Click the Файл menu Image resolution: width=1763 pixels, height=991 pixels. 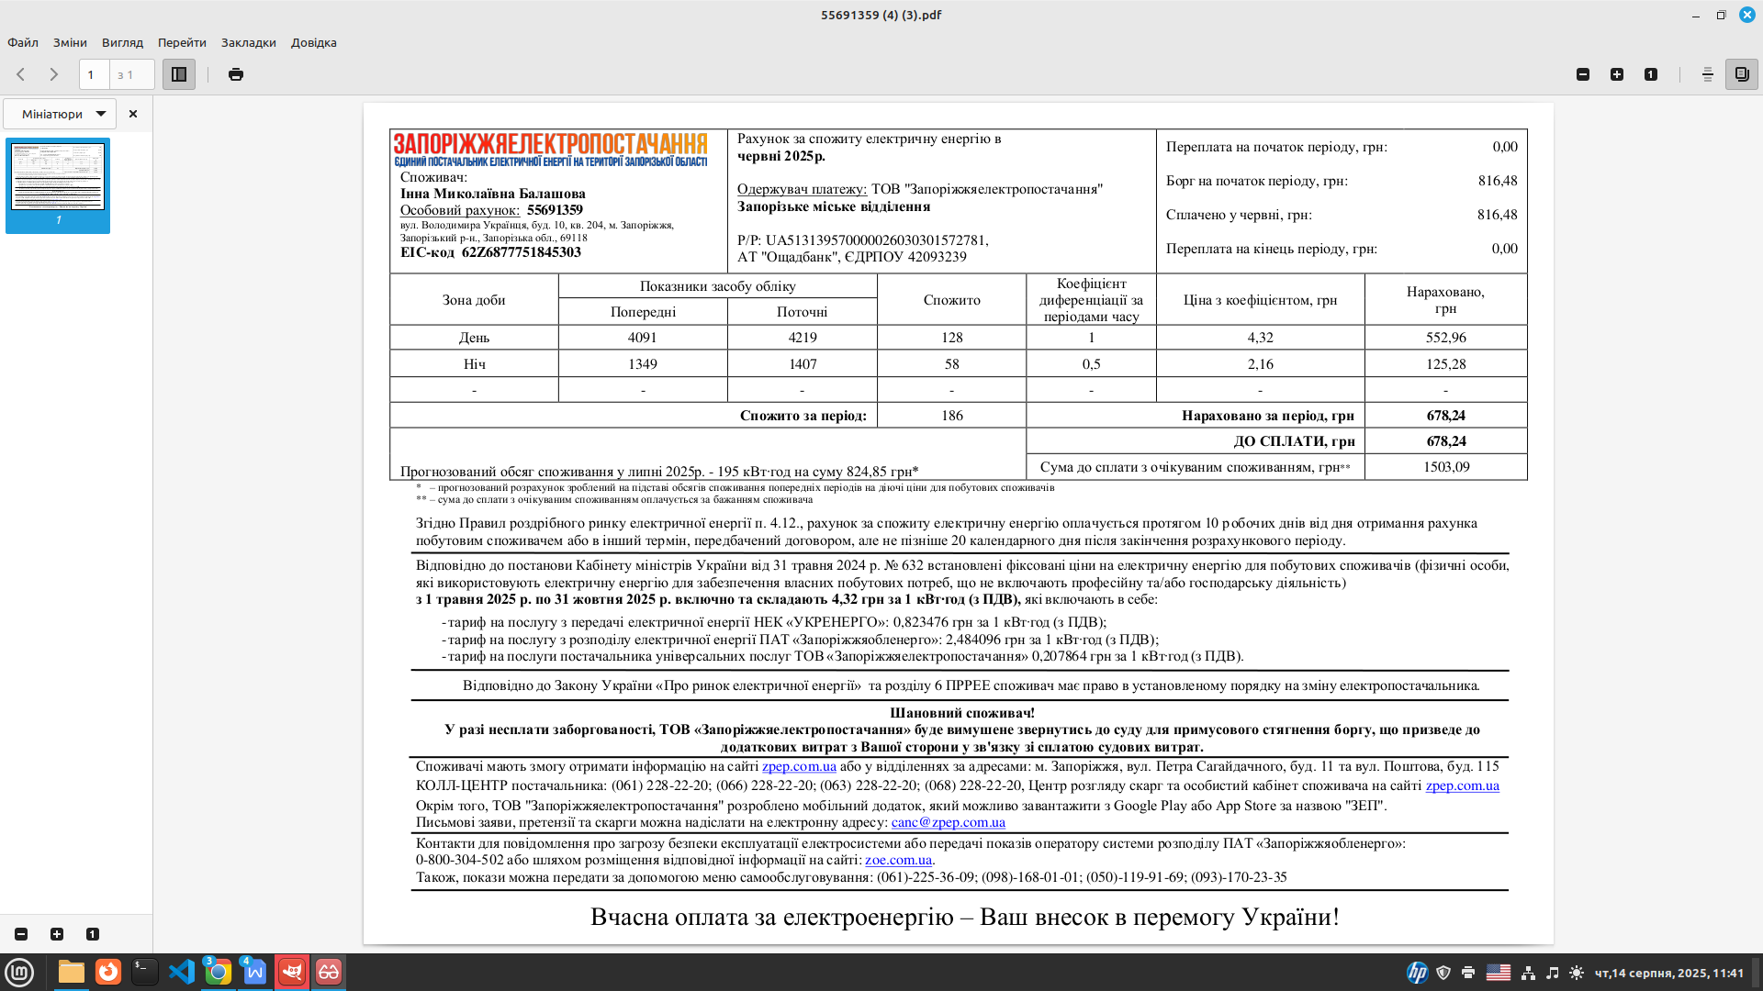pos(23,42)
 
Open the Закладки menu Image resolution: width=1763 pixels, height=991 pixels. pos(248,42)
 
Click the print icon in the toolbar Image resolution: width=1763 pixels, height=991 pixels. pos(236,74)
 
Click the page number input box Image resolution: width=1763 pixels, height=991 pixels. pos(94,74)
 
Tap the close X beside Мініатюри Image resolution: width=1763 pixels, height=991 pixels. pos(133,114)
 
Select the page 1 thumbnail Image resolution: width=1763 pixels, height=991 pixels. pos(58,177)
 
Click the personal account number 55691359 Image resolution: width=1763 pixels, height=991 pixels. pos(555,210)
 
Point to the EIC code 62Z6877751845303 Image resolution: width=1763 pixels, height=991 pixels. pos(521,252)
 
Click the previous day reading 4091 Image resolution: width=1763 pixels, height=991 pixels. pos(643,338)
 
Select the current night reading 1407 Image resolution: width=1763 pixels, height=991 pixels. pos(803,364)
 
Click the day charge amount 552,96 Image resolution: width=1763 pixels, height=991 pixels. pos(1445,338)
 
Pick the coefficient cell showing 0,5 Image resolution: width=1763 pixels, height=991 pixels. pos(1091,364)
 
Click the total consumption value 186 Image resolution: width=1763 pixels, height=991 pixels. pos(952,416)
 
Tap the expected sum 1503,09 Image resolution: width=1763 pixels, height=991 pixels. pos(1446,467)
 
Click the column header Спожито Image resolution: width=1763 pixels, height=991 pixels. pos(952,300)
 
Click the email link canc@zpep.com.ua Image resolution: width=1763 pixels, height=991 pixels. pos(948,822)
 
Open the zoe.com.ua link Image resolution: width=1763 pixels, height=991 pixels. pos(898,860)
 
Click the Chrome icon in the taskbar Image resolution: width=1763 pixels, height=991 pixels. pos(218,972)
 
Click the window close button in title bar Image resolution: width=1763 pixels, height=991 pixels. pos(1746,15)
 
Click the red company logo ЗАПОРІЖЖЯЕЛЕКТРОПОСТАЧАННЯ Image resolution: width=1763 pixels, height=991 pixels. pos(550,144)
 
